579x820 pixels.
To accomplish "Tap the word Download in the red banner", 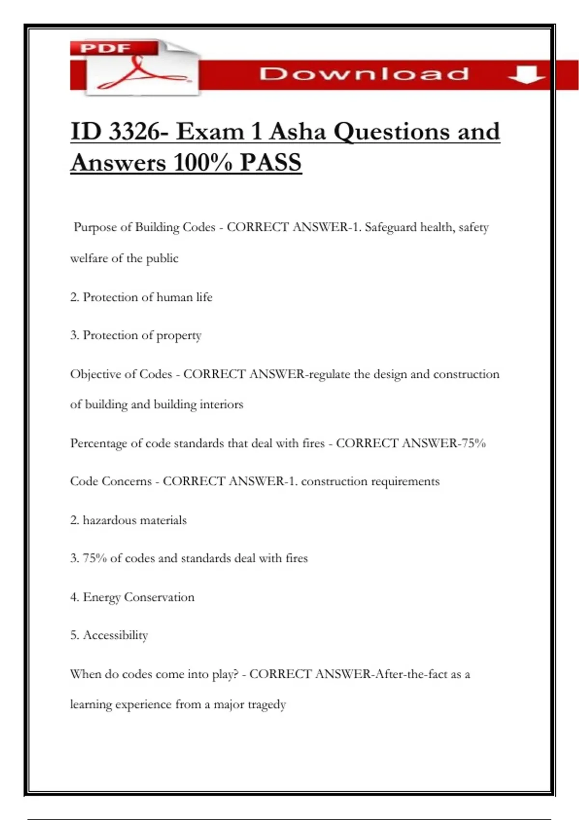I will pyautogui.click(x=364, y=74).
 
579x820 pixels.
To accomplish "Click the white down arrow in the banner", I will pyautogui.click(x=525, y=74).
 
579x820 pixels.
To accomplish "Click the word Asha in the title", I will pyautogui.click(x=297, y=131).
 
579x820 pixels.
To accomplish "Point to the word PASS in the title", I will pyautogui.click(x=271, y=162).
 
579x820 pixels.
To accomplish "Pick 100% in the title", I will pyautogui.click(x=202, y=162).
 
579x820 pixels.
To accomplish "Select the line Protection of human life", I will pyautogui.click(x=141, y=297).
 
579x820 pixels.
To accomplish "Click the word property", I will pyautogui.click(x=179, y=336).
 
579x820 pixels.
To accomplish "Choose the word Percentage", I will pyautogui.click(x=99, y=443).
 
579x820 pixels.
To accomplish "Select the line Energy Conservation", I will pyautogui.click(x=132, y=597).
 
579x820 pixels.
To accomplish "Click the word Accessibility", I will pyautogui.click(x=115, y=635).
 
